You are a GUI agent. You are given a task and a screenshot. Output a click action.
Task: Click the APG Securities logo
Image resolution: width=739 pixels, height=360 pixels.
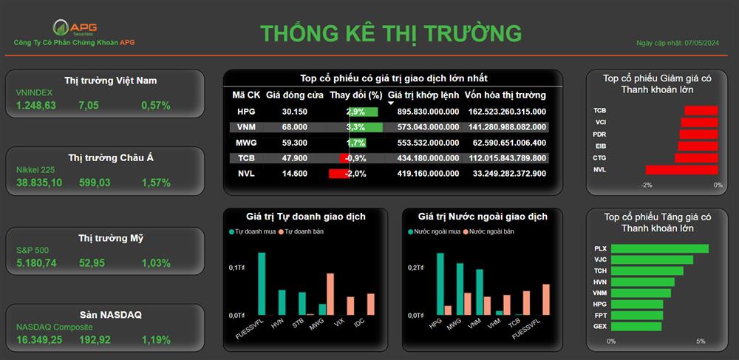[75, 27]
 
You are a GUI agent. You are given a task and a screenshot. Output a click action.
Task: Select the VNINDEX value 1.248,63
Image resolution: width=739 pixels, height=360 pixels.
[35, 106]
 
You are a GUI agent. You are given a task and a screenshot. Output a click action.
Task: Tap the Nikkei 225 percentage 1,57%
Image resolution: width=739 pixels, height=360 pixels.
[156, 183]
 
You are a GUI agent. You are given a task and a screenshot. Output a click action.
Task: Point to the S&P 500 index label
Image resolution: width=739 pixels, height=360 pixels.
[33, 251]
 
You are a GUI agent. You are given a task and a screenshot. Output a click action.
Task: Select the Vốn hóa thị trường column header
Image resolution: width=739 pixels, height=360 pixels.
[505, 95]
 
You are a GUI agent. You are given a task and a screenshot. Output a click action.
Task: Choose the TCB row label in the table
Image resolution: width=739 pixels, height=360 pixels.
[246, 158]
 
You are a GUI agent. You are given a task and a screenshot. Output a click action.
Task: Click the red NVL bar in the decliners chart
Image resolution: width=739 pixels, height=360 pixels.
[681, 169]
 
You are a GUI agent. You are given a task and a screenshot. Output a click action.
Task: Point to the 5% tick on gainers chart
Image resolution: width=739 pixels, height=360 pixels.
[701, 342]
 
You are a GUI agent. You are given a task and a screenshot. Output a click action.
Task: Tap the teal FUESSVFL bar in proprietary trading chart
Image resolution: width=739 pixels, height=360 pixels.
[262, 284]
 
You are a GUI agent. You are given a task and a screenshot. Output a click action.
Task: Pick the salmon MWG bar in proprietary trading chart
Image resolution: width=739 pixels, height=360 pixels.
[330, 294]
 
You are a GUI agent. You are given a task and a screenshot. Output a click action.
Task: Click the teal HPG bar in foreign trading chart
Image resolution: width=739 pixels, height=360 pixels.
[440, 284]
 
